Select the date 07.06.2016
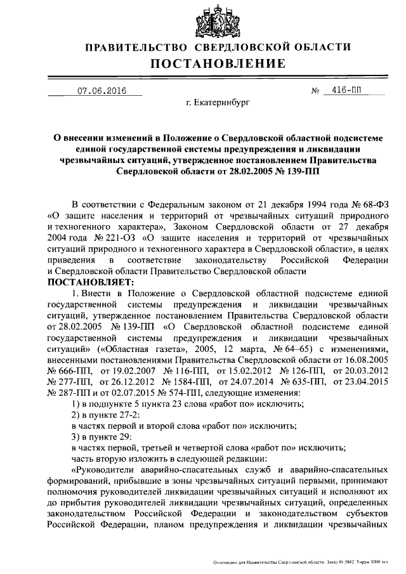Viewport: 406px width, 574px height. click(x=101, y=91)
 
